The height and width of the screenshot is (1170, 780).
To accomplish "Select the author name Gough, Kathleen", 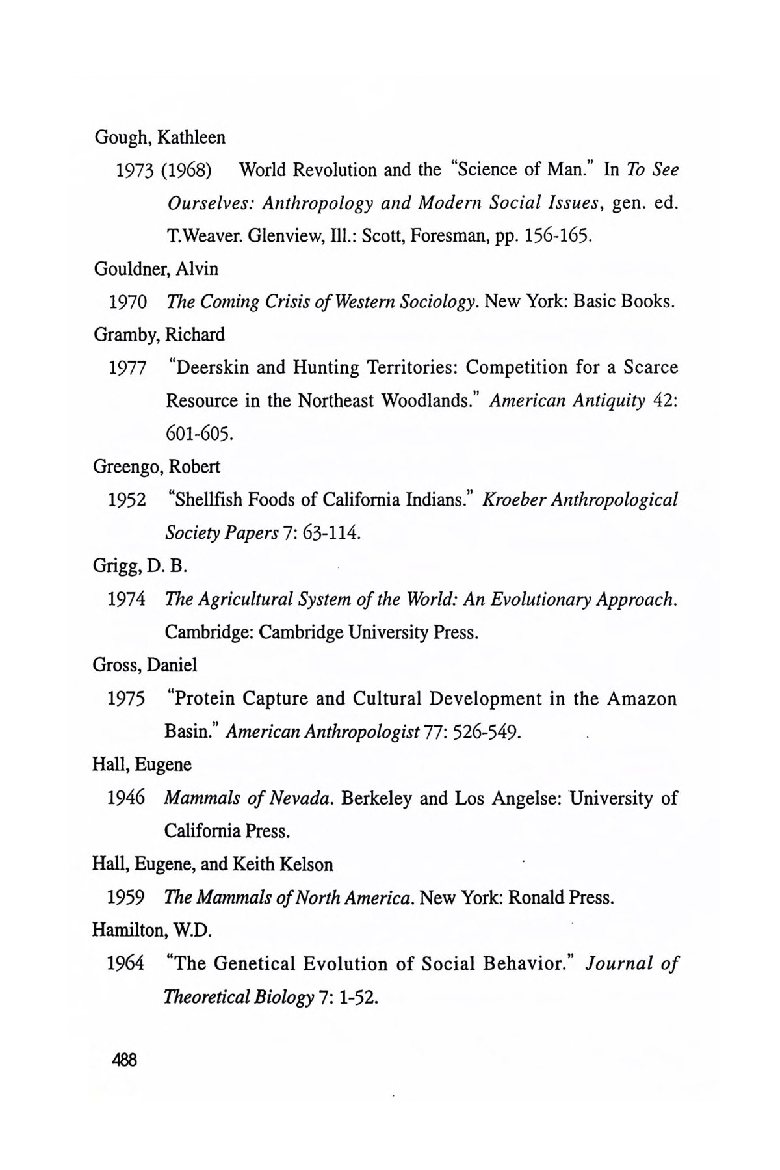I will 160,138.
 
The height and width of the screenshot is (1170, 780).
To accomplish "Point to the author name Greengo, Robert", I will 157,467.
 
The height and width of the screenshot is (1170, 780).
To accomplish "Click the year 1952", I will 127,500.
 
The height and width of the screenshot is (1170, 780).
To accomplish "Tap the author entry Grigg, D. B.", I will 140,566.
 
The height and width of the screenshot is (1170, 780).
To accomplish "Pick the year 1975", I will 127,699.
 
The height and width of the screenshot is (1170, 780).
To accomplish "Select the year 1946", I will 127,798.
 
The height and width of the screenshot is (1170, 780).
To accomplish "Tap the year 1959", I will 127,898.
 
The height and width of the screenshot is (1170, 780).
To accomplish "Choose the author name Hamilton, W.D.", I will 153,931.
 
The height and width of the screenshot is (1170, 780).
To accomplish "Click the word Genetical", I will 252,964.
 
